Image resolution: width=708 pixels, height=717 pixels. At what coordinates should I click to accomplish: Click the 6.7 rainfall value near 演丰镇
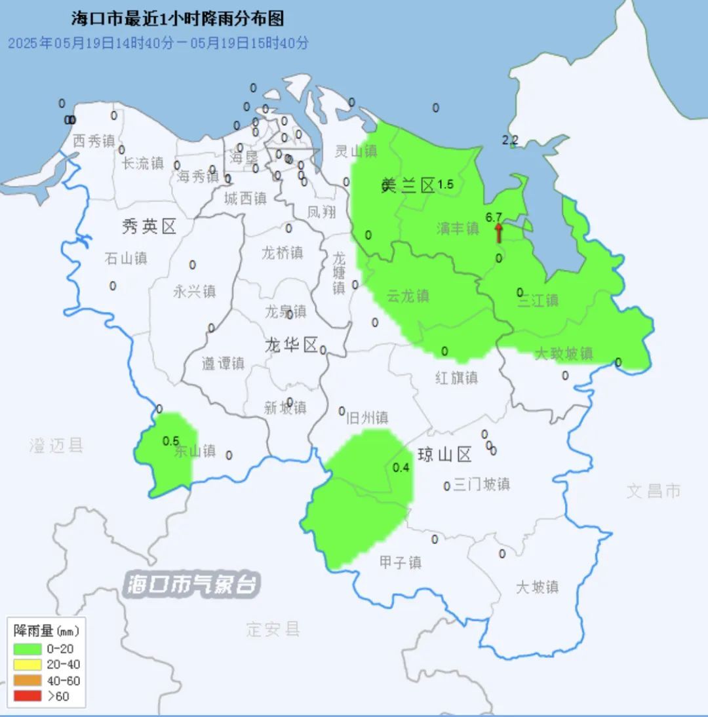point(494,217)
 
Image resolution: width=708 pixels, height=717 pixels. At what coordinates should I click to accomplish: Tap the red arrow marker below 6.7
point(498,233)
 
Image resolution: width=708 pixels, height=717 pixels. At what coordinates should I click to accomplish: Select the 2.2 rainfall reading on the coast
point(510,140)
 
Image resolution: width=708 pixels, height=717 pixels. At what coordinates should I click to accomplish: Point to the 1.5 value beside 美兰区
point(445,185)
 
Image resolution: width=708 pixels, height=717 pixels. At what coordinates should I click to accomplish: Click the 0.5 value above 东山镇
point(171,440)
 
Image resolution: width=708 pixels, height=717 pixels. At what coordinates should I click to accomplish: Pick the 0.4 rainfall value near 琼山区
point(401,467)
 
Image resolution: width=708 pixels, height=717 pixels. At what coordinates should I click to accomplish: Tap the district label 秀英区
point(149,227)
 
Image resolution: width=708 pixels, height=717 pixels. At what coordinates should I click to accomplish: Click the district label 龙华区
point(292,345)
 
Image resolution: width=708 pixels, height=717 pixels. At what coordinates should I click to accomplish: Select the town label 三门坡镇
point(481,485)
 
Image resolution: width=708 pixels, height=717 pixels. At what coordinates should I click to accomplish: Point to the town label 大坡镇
point(537,587)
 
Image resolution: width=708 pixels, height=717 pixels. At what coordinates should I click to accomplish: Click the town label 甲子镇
point(401,562)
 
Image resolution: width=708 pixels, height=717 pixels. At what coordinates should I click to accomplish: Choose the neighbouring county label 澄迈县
point(56,446)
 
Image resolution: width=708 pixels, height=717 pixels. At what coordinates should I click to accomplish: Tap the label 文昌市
point(654,491)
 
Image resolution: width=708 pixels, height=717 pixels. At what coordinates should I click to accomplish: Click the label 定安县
point(273,630)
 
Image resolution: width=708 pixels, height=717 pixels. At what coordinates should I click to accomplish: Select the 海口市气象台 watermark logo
point(193,584)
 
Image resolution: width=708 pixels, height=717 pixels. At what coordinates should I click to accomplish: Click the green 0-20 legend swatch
point(27,649)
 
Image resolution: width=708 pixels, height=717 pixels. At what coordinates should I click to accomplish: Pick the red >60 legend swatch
point(27,696)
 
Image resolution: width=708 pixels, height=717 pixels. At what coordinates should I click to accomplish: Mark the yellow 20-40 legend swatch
point(27,665)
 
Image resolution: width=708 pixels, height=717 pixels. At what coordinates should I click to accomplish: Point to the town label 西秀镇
point(94,141)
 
